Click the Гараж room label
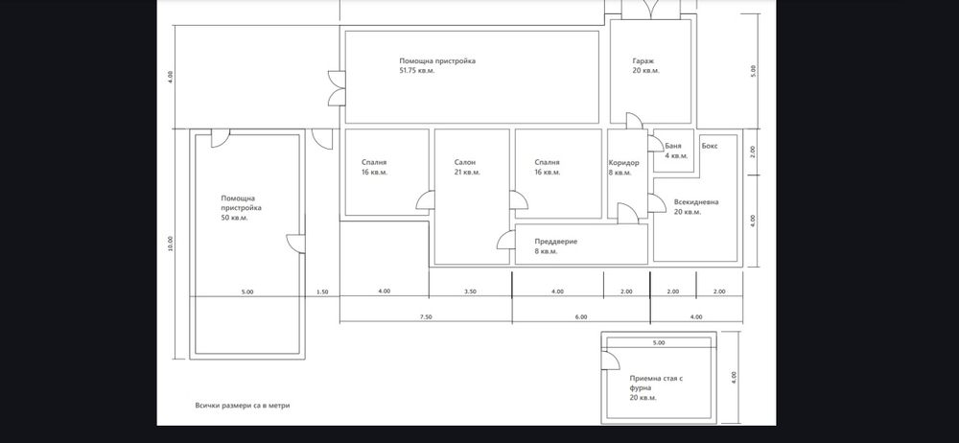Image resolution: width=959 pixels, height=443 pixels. point(643,60)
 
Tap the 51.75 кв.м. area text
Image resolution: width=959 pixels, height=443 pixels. point(417,71)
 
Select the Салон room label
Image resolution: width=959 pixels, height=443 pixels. point(465,162)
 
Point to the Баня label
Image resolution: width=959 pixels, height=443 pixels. point(673,145)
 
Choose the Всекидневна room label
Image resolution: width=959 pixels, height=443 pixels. point(696,202)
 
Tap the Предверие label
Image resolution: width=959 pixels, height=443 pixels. point(556,242)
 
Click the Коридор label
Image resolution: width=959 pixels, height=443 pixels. point(623,162)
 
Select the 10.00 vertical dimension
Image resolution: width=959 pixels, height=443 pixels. point(171,244)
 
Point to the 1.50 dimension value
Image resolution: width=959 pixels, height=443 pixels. point(321,291)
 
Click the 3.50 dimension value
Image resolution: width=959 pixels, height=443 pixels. point(470,291)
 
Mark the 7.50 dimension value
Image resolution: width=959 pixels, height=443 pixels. point(425,316)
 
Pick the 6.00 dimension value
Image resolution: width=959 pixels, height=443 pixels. point(580,316)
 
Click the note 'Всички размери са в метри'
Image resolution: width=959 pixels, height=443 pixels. point(242,406)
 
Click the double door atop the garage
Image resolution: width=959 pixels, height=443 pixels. point(650,9)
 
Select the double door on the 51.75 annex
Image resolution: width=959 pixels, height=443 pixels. point(334,87)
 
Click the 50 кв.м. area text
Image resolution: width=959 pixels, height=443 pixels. point(234,218)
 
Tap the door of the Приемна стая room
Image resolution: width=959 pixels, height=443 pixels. point(609,360)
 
